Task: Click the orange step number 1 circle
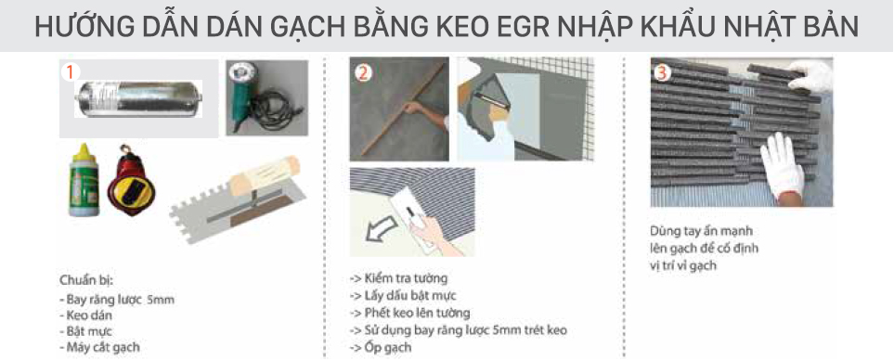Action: point(69,71)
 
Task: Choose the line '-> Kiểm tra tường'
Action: point(398,278)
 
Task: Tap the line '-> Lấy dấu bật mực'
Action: point(404,296)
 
